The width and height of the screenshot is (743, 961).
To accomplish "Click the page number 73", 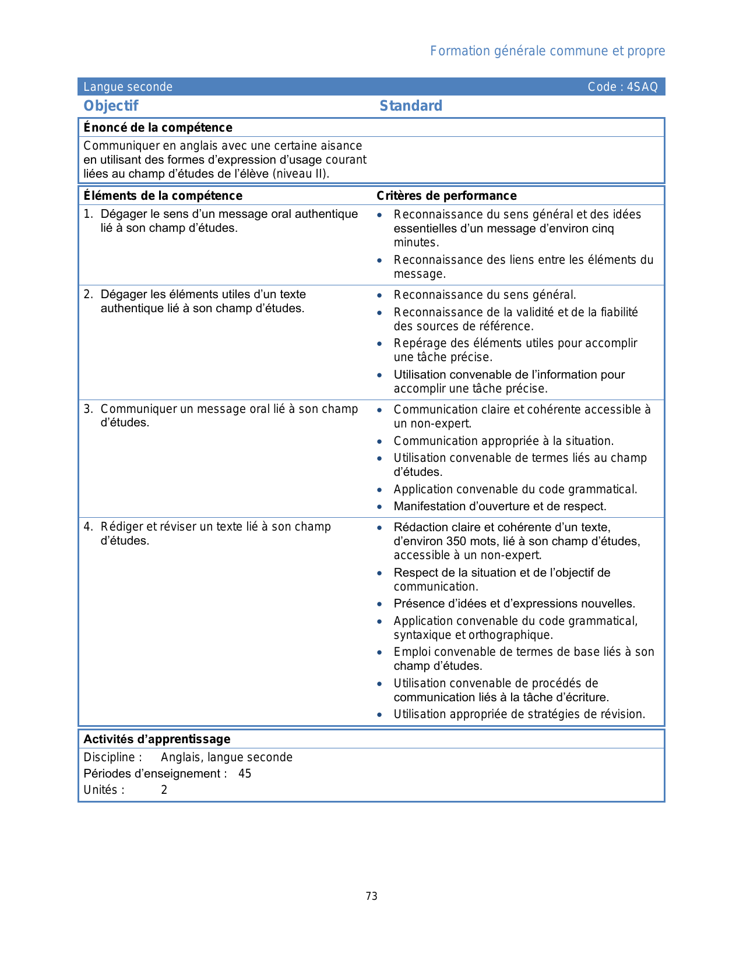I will click(x=371, y=896).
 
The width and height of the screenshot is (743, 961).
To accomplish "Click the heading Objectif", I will click(x=111, y=106).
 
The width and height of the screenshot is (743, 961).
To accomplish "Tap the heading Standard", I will click(x=411, y=106).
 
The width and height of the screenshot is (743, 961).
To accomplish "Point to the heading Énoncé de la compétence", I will click(x=158, y=128).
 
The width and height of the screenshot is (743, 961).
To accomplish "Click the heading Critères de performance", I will click(x=446, y=196).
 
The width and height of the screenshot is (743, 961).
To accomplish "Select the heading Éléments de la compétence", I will click(x=163, y=196).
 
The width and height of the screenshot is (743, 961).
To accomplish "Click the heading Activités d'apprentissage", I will click(x=157, y=739).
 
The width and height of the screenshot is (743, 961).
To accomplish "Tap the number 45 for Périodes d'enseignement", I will click(x=245, y=773).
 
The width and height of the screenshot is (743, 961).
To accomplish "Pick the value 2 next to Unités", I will click(x=164, y=790).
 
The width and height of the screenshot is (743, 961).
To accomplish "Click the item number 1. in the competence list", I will click(x=88, y=214).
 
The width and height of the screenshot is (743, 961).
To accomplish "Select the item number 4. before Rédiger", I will click(x=88, y=527).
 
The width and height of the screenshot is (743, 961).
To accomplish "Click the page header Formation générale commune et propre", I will click(x=547, y=51).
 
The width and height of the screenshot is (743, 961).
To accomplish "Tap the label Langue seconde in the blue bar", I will click(x=128, y=87).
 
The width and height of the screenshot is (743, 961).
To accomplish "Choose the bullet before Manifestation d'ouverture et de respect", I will click(x=379, y=507).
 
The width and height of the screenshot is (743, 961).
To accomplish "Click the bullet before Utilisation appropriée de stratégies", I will click(x=379, y=715).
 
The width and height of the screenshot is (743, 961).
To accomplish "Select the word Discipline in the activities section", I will click(x=110, y=757).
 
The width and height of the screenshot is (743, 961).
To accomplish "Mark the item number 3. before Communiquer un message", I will click(x=88, y=409).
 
